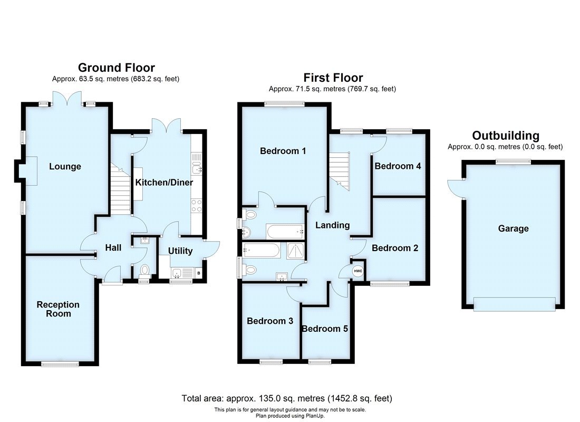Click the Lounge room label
pos(65,167)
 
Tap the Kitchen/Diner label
pos(164,183)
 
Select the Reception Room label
pos(58,309)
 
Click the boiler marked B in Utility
pos(198,273)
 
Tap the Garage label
pos(513,228)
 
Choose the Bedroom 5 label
pos(325,329)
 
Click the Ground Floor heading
pos(116,68)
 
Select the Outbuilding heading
pos(505,136)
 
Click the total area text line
pos(287,398)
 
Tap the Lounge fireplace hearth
pos(30,171)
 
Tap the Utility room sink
pos(177,273)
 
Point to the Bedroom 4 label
pos(398,166)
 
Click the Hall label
pos(113,248)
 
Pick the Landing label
pos(332,225)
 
